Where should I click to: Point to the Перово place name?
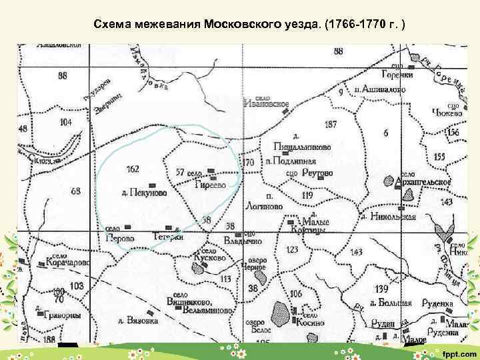click(x=120, y=238)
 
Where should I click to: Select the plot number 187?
click(x=331, y=125)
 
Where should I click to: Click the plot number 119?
click(x=307, y=196)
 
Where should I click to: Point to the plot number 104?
click(x=65, y=123)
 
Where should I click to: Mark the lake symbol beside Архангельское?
click(x=389, y=180)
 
